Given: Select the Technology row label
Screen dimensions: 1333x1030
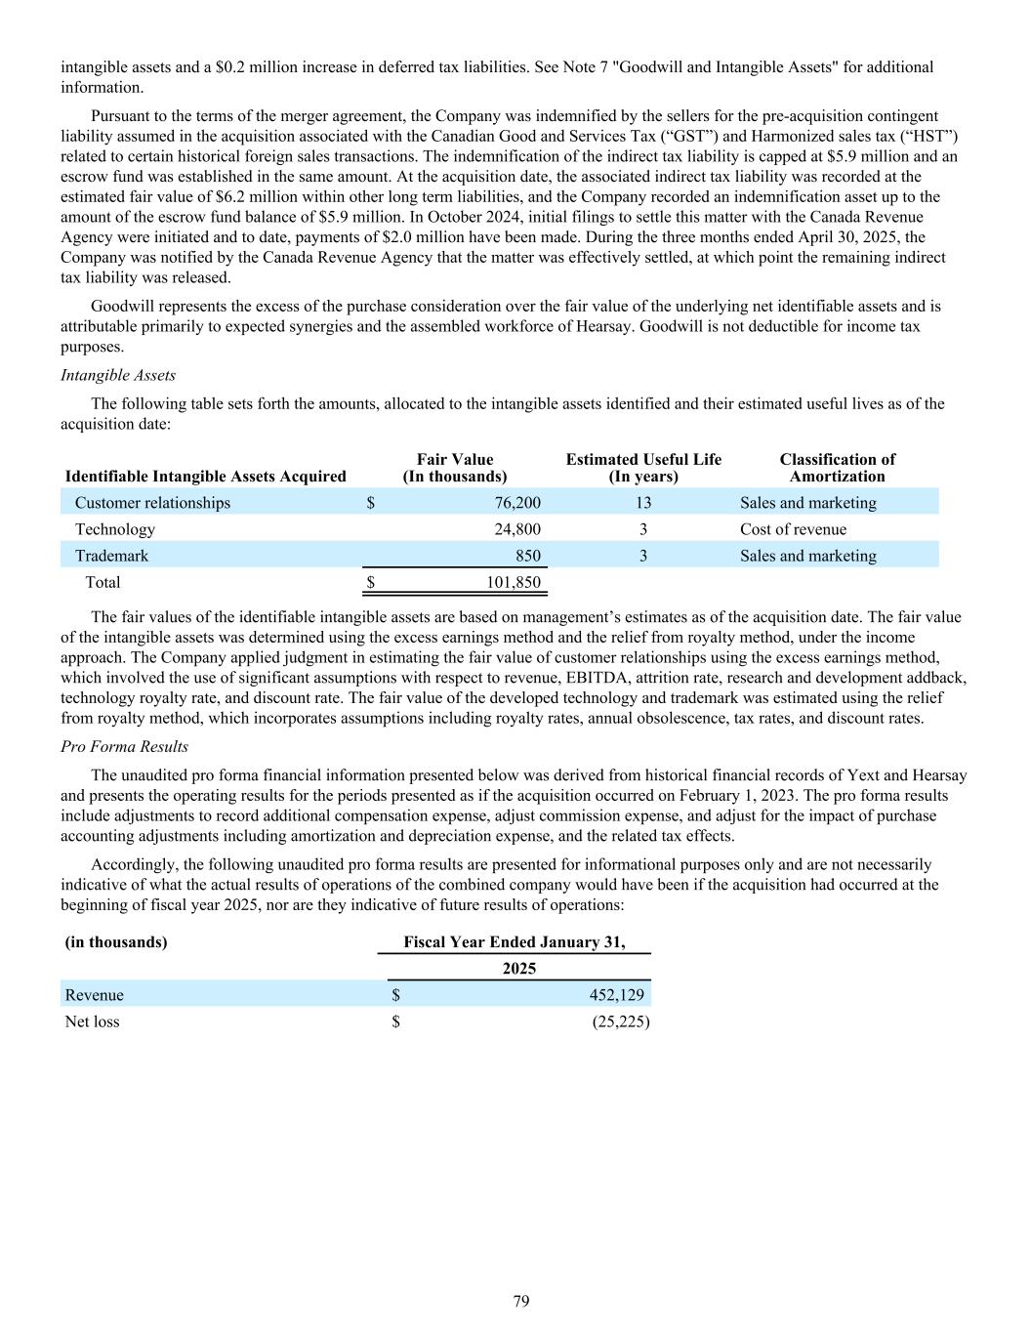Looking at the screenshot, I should [114, 529].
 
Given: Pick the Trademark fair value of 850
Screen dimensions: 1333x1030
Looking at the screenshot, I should [527, 556].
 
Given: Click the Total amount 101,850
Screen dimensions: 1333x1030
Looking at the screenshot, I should [514, 582].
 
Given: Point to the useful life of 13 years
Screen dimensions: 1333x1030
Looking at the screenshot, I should [642, 503].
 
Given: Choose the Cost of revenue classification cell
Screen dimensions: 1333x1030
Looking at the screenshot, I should [793, 529].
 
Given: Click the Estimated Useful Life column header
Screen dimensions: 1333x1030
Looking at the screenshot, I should [643, 468].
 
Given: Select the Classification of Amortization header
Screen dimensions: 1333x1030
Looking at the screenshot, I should [837, 468].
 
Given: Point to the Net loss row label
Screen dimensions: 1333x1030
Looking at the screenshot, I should [92, 1021].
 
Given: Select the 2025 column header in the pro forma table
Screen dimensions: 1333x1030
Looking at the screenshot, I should [519, 969].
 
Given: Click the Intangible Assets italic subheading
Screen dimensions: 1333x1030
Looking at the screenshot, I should [118, 375].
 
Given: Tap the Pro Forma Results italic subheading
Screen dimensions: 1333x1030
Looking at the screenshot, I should [124, 746].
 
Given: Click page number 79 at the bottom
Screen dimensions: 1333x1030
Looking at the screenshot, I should [521, 1301].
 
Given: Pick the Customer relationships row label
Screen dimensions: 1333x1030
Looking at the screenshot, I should [152, 503].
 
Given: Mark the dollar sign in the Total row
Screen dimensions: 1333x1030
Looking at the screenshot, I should [371, 582].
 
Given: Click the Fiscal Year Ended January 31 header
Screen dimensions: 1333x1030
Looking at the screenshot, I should [514, 942].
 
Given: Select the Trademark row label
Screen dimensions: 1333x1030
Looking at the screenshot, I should [111, 556].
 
